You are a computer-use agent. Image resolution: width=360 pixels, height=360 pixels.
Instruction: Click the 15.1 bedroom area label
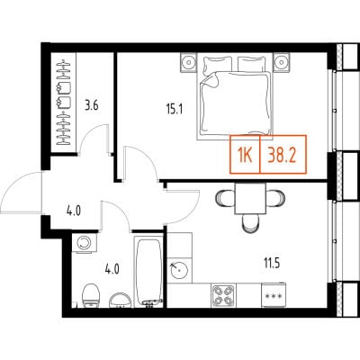[175, 110]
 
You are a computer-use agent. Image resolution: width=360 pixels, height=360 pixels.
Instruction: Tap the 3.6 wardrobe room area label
[92, 106]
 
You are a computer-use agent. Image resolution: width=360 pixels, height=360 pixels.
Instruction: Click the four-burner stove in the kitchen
[223, 295]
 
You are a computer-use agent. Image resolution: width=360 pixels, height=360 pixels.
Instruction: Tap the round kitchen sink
[179, 270]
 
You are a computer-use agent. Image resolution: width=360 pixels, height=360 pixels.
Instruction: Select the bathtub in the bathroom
[148, 272]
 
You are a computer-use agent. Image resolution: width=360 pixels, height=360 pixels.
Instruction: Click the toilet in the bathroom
[91, 296]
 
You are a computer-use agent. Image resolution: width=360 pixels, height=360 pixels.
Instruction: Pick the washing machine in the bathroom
[85, 243]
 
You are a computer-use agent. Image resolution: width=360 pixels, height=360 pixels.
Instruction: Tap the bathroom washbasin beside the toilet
[121, 300]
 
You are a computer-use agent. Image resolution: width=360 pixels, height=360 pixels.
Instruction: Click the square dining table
[250, 199]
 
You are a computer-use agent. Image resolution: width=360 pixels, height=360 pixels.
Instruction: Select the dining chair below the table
[251, 224]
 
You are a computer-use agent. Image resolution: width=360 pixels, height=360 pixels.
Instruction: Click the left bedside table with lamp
[189, 62]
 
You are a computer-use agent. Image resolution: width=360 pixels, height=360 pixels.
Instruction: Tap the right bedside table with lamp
[282, 62]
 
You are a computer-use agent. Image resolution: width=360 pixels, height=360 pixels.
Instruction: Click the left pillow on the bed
[218, 65]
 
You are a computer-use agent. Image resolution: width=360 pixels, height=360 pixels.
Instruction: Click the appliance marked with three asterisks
[273, 295]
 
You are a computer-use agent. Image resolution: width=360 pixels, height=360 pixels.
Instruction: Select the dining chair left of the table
[225, 199]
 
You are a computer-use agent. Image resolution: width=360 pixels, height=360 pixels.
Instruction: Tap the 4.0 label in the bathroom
[112, 269]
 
